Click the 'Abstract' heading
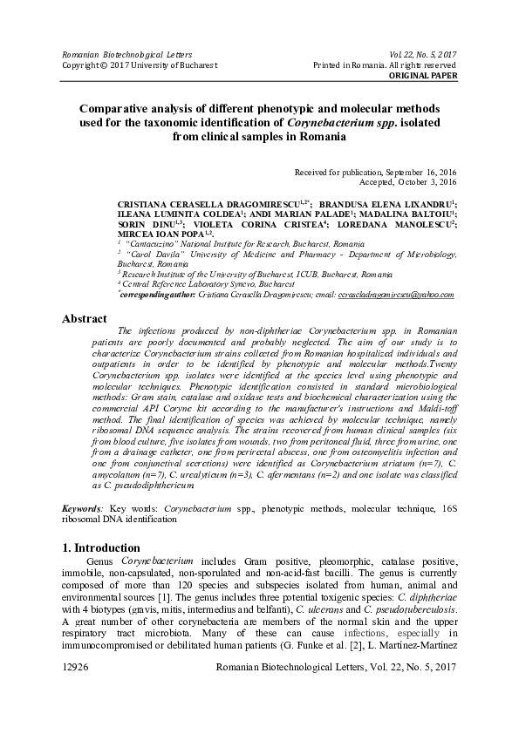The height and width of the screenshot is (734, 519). coord(84,319)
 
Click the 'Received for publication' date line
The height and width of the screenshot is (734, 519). coord(375,173)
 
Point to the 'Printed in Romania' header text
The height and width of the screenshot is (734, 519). coord(385,65)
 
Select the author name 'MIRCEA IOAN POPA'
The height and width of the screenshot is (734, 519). coord(160,233)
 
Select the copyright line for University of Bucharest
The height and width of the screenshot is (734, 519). coord(139,65)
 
